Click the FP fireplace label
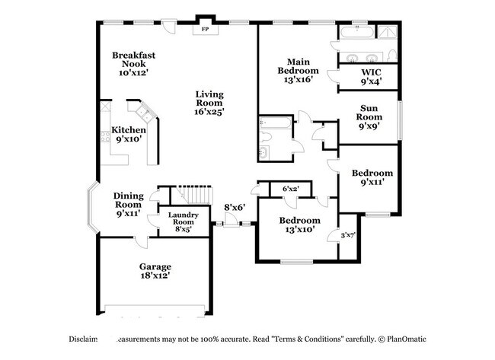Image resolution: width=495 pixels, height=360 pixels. [204, 31]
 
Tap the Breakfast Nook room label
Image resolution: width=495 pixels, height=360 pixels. [129, 64]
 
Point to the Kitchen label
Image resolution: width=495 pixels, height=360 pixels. [129, 130]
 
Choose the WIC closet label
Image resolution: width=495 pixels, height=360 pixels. [371, 76]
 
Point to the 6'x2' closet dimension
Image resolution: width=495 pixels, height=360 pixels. [291, 188]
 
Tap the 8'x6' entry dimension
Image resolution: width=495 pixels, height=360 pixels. [235, 206]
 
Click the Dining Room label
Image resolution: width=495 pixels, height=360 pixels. [129, 204]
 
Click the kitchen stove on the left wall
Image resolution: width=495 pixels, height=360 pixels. [104, 139]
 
